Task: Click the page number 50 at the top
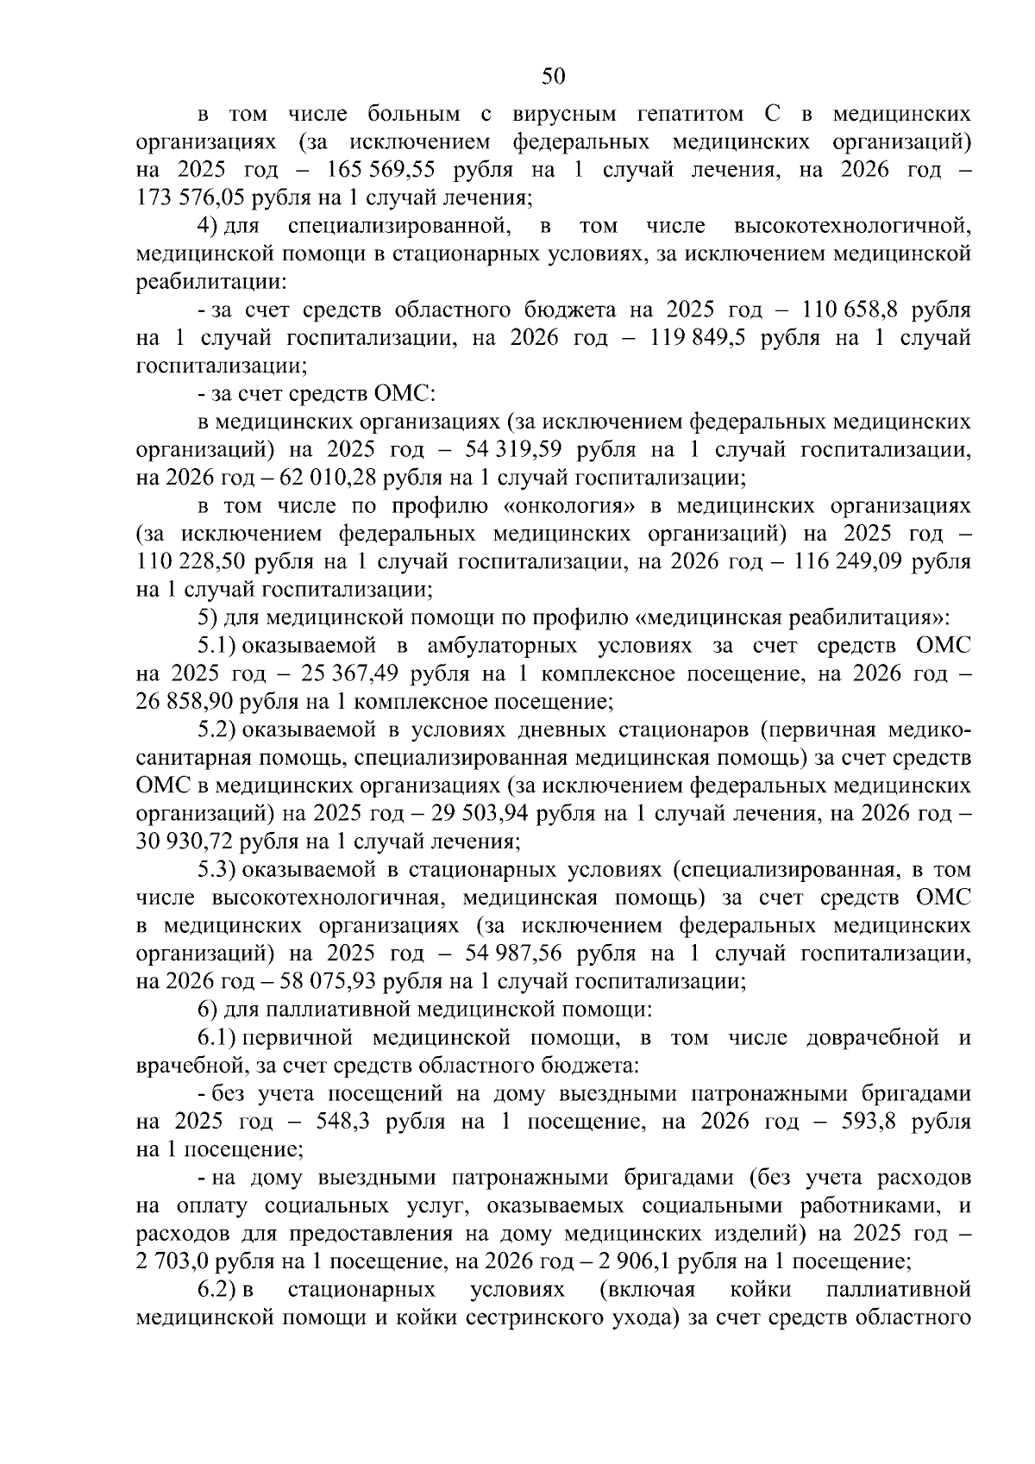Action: pyautogui.click(x=553, y=77)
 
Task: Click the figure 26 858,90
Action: pyautogui.click(x=185, y=702)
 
